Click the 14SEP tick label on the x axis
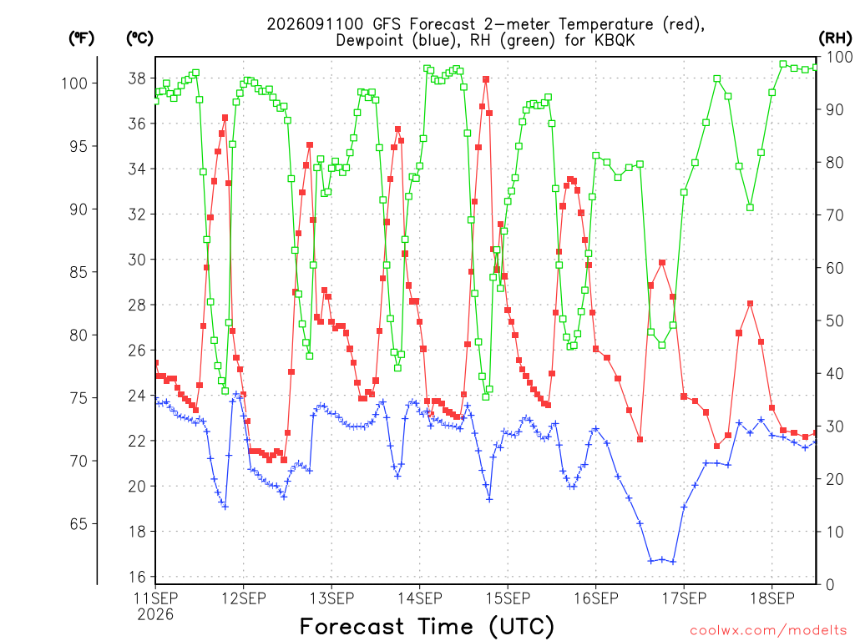point(420,598)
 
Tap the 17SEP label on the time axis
point(685,598)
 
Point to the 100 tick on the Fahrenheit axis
point(74,83)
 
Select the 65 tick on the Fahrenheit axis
point(78,524)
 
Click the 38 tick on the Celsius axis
point(137,78)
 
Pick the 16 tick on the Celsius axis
point(137,577)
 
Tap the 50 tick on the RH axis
point(834,320)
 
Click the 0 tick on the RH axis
point(830,585)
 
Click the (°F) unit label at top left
point(81,38)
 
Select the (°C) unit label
point(139,38)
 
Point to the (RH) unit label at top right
point(835,38)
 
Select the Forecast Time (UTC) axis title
point(427,626)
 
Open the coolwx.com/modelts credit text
point(768,631)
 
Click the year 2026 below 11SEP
point(155,615)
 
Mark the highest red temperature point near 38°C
point(486,79)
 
